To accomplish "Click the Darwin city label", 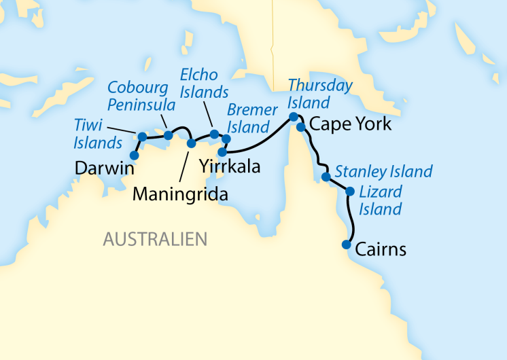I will (103, 167).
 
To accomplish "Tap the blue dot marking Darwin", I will (134, 156).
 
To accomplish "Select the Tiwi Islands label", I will (98, 132).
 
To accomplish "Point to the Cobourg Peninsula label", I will (141, 96).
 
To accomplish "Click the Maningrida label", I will (179, 194).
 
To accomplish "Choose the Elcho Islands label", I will (204, 82).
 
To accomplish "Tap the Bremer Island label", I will (252, 118).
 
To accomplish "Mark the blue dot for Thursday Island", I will (294, 117).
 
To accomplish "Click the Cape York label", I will (350, 124).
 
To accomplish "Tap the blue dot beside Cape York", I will (300, 127).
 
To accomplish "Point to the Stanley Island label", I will (383, 171).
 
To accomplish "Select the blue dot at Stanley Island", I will (326, 177).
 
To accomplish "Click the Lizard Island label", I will (380, 200).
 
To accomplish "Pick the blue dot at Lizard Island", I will (350, 192).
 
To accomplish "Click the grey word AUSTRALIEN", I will (154, 239).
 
